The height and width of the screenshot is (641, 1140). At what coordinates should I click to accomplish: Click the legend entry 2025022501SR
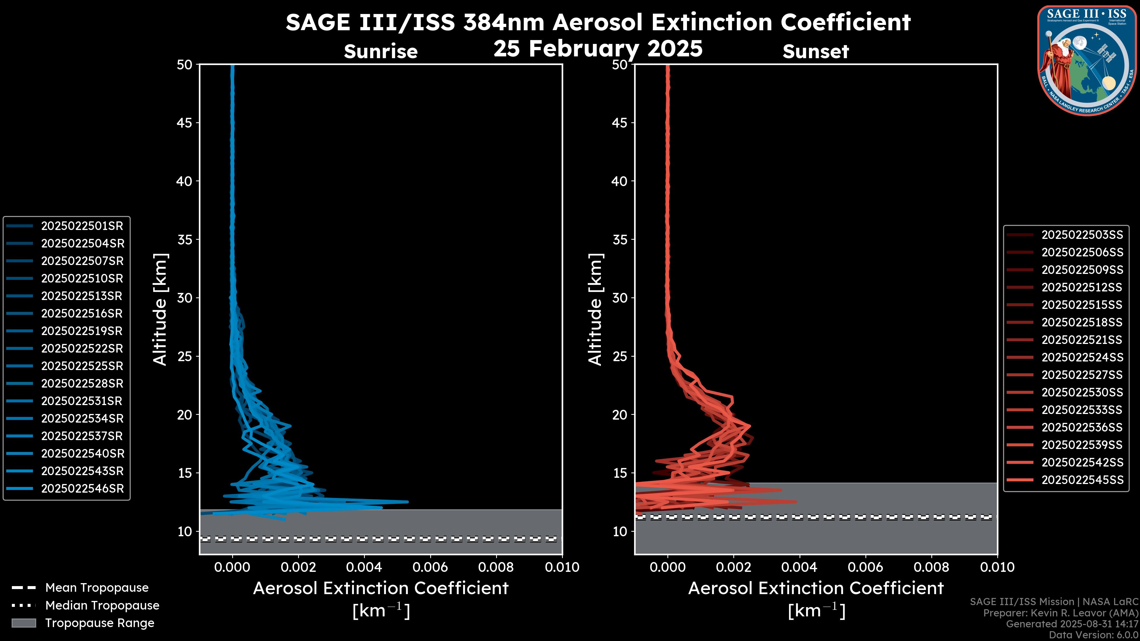pyautogui.click(x=82, y=226)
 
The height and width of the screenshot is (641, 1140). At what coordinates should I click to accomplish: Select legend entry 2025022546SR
pyautogui.click(x=82, y=489)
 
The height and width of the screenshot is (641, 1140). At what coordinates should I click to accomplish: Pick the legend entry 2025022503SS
pyautogui.click(x=1082, y=235)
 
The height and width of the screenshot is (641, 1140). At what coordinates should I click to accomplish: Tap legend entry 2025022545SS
pyautogui.click(x=1082, y=480)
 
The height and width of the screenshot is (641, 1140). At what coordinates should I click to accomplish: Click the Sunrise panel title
pyautogui.click(x=381, y=51)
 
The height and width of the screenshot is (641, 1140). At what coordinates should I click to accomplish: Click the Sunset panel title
pyautogui.click(x=816, y=51)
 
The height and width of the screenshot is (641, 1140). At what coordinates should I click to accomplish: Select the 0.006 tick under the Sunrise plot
pyautogui.click(x=430, y=567)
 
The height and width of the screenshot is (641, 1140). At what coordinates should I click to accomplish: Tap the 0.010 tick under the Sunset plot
pyautogui.click(x=997, y=567)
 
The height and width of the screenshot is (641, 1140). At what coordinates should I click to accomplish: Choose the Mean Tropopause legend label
pyautogui.click(x=97, y=588)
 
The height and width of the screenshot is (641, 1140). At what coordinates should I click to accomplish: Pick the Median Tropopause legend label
pyautogui.click(x=102, y=606)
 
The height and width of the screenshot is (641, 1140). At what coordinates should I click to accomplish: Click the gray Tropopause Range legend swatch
pyautogui.click(x=24, y=623)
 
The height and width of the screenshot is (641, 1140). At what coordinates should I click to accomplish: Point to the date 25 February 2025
pyautogui.click(x=598, y=49)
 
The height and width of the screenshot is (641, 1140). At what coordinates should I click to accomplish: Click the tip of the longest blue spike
pyautogui.click(x=408, y=502)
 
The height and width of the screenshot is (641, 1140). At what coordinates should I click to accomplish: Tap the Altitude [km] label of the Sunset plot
pyautogui.click(x=595, y=309)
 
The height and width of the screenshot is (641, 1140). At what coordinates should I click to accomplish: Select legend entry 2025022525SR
pyautogui.click(x=82, y=366)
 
